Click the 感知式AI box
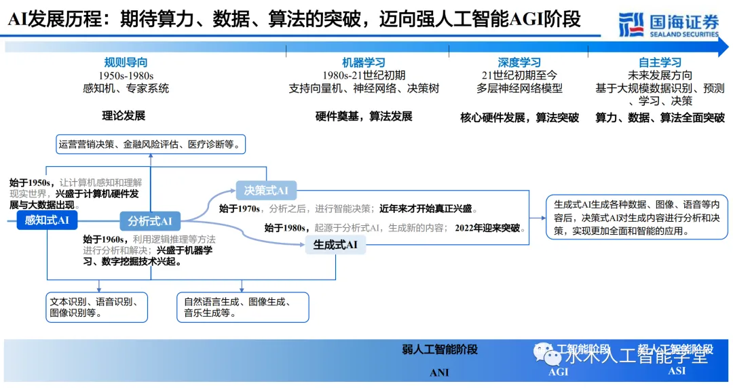click(48, 220)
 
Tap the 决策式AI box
click(266, 191)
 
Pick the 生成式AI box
click(335, 244)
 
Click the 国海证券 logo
click(668, 24)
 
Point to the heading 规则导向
click(126, 62)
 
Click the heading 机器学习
click(363, 62)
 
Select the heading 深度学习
click(519, 62)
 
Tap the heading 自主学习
click(660, 62)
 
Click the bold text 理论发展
click(124, 115)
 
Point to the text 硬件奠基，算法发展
click(364, 116)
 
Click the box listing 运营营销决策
click(151, 144)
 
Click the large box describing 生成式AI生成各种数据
click(637, 217)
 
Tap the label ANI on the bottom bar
click(439, 372)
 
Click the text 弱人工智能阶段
click(439, 349)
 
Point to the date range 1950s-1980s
click(126, 75)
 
